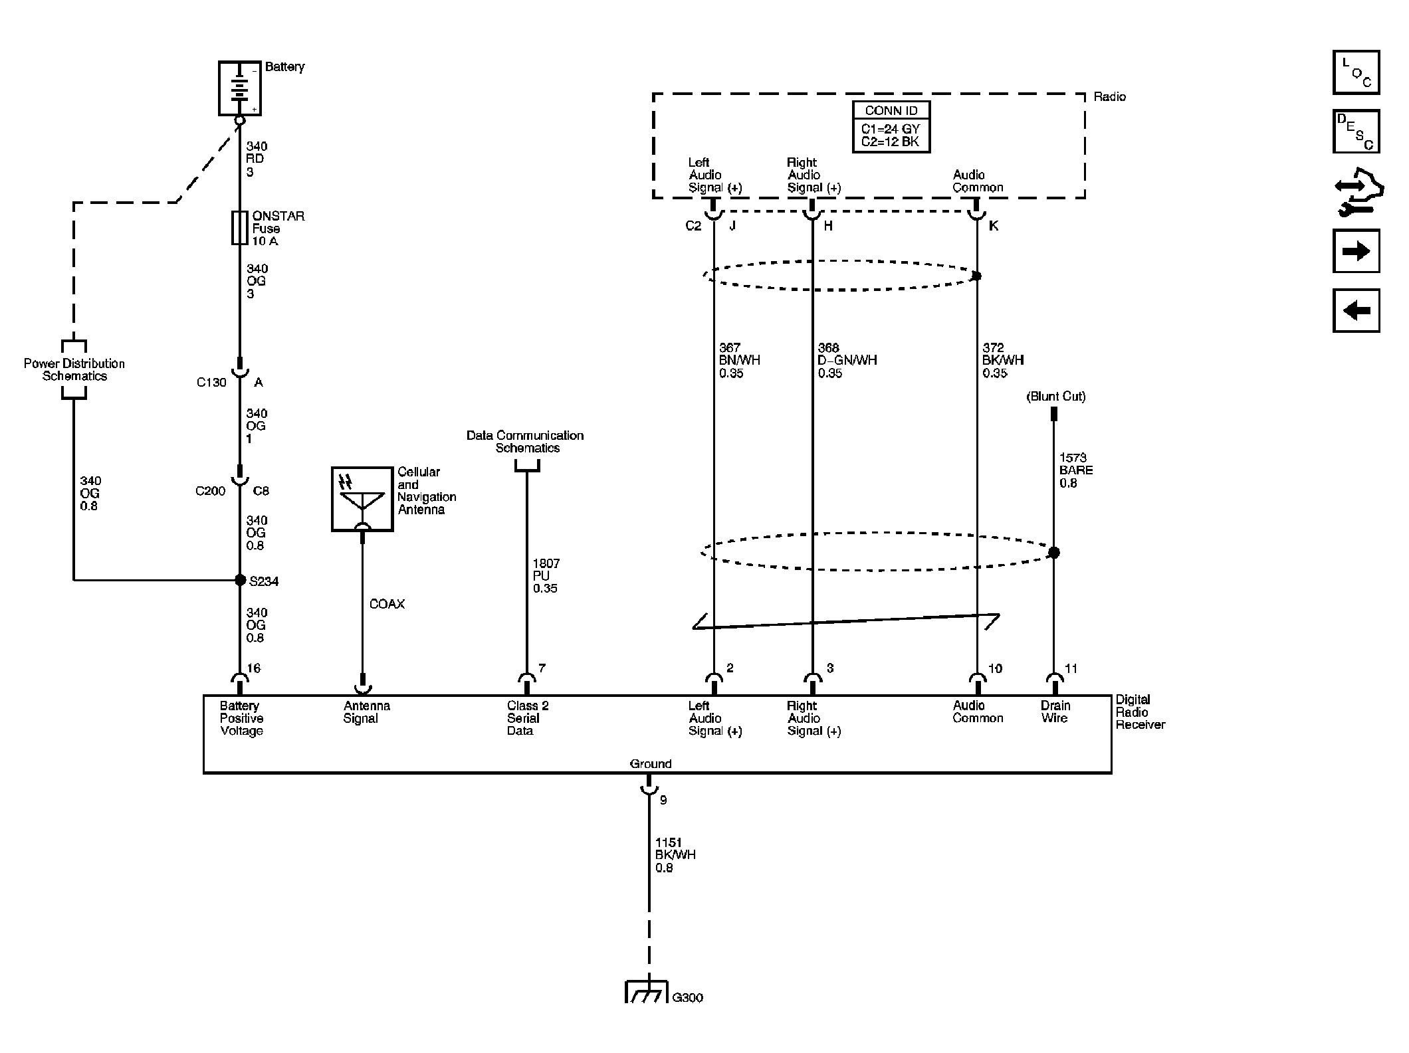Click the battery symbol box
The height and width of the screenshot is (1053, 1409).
click(x=240, y=88)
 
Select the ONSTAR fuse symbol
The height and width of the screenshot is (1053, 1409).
click(x=240, y=228)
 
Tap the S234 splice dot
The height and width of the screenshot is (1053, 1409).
click(x=241, y=580)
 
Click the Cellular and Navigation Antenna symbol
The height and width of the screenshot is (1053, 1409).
click(x=362, y=499)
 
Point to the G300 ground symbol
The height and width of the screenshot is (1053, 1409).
click(x=646, y=992)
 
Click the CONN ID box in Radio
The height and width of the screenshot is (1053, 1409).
click(x=891, y=127)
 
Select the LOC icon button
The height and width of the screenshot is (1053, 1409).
click(x=1356, y=72)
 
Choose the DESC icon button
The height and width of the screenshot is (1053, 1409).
click(x=1356, y=132)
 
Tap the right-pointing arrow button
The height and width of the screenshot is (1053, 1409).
click(x=1356, y=251)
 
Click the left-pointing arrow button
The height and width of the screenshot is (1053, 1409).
click(x=1356, y=310)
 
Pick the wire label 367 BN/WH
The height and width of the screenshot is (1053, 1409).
click(x=739, y=360)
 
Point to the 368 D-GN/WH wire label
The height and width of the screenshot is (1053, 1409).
click(x=847, y=360)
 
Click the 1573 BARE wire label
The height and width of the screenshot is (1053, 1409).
click(x=1076, y=470)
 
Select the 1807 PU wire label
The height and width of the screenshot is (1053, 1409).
click(x=546, y=575)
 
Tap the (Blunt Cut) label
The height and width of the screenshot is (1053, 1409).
click(x=1056, y=397)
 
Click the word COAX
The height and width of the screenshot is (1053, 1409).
click(x=387, y=604)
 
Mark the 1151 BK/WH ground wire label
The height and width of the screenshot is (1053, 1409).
click(x=675, y=855)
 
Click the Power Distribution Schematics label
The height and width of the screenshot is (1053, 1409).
click(x=74, y=369)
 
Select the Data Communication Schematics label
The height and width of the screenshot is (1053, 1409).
click(x=525, y=442)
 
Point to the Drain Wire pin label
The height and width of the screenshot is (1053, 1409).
click(x=1055, y=712)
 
